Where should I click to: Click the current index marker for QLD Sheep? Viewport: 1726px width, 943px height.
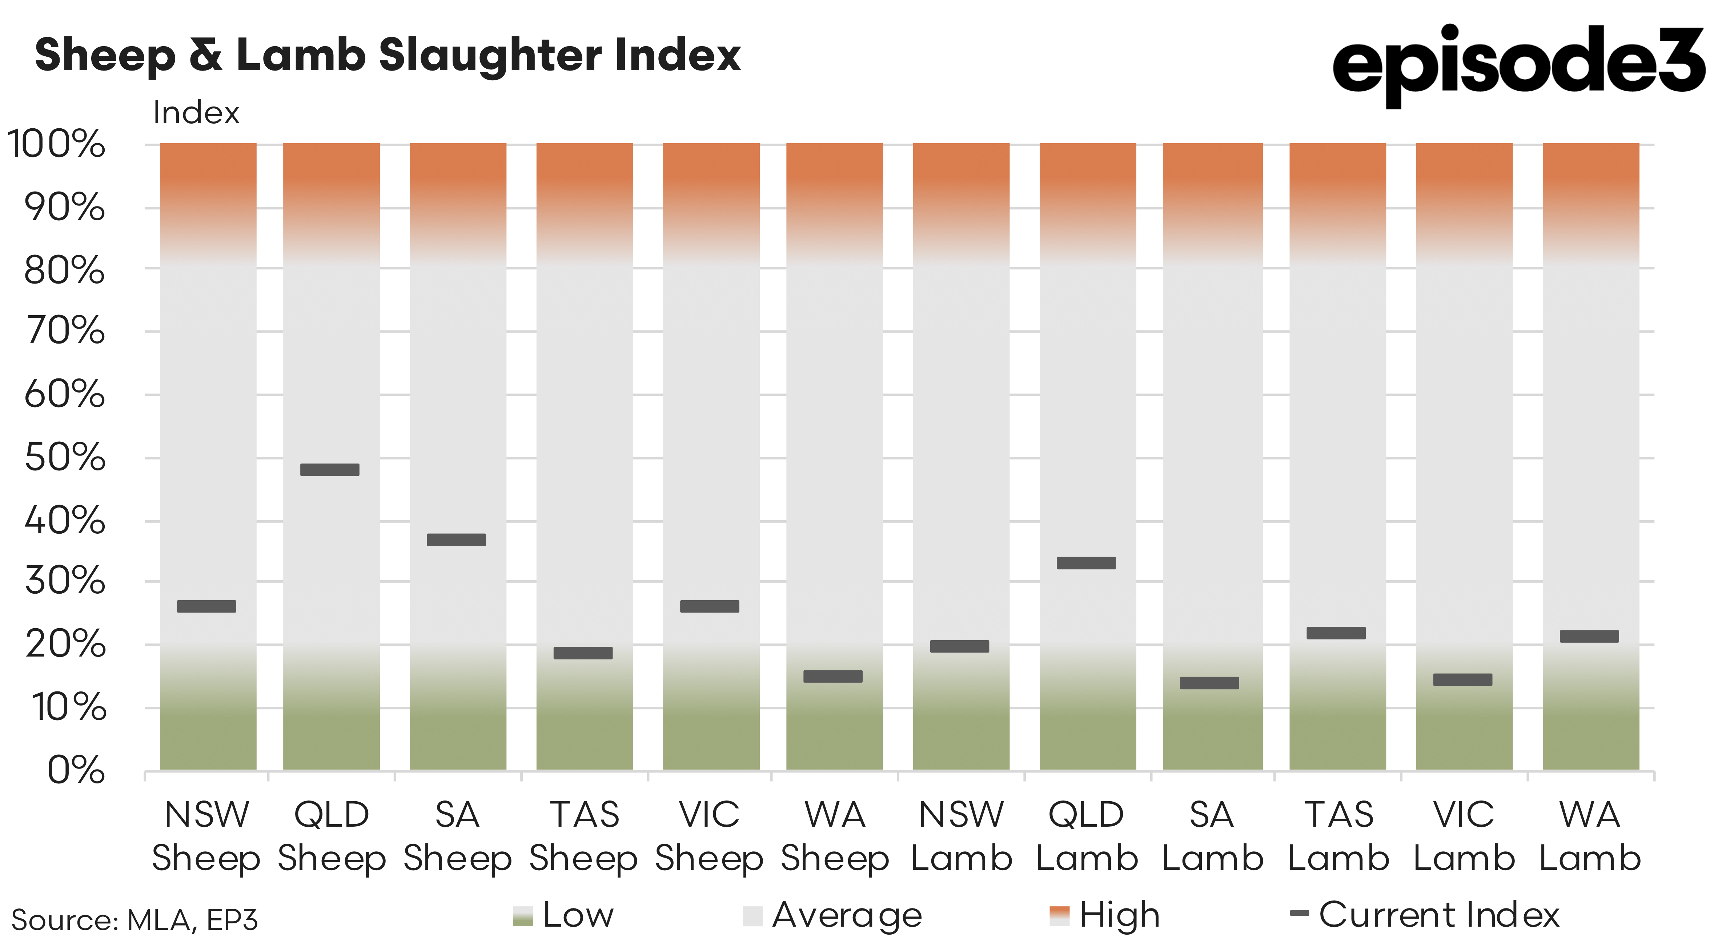point(330,470)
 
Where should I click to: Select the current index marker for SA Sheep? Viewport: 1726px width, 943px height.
point(456,539)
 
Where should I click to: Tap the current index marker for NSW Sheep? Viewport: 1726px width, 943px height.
point(206,606)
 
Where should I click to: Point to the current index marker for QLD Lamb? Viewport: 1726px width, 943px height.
point(1086,563)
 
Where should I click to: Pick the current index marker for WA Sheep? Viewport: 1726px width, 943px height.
point(833,676)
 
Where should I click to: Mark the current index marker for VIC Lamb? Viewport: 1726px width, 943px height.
point(1463,679)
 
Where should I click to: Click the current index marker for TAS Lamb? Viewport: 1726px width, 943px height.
point(1336,633)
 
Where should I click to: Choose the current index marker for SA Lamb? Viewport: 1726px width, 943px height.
point(1209,683)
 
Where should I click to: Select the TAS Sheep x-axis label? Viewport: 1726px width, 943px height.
point(583,836)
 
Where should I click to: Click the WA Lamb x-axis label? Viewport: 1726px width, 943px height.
point(1590,836)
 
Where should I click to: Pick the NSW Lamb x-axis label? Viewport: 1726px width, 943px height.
point(962,836)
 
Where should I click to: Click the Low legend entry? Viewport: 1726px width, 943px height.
point(564,915)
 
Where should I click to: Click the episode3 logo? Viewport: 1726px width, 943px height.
point(1518,64)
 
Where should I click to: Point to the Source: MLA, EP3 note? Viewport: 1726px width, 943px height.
point(135,920)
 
